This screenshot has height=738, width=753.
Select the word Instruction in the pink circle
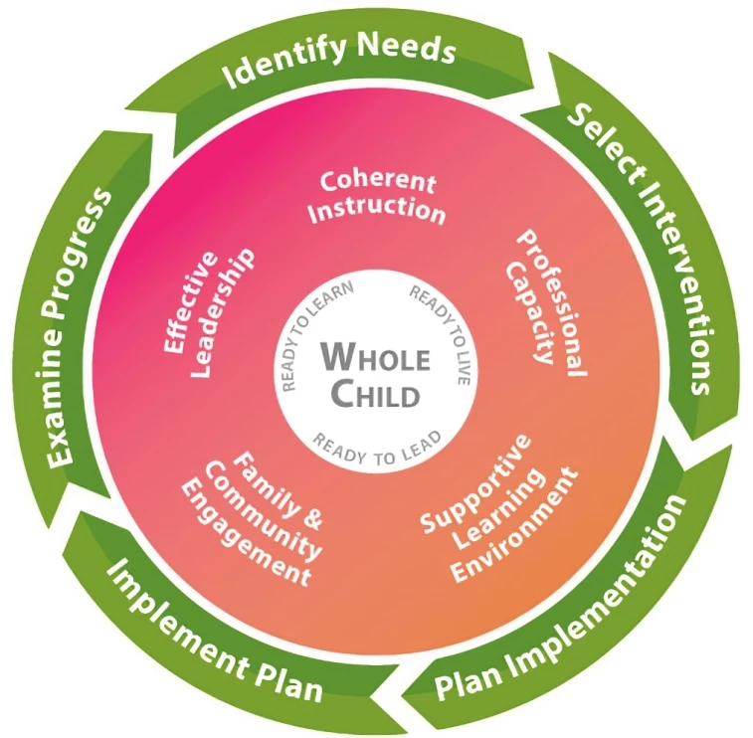pyautogui.click(x=382, y=211)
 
